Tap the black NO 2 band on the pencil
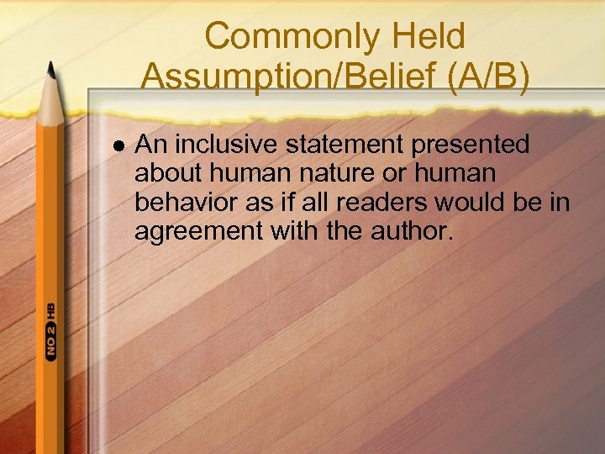click(51, 341)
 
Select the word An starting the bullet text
click(149, 145)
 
